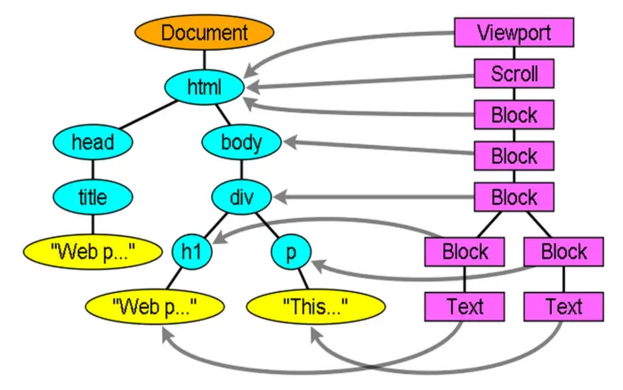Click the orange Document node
click(204, 32)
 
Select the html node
click(204, 87)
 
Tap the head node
click(93, 142)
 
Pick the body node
click(241, 142)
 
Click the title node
click(93, 197)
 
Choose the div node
click(241, 197)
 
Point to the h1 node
click(192, 252)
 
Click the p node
click(291, 252)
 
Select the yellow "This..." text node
click(316, 306)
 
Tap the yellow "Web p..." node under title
click(93, 252)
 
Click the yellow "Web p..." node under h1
click(155, 306)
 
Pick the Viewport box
click(514, 32)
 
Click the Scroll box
click(514, 74)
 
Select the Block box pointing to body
click(514, 156)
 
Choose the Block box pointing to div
click(514, 197)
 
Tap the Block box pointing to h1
click(465, 252)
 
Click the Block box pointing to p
click(563, 252)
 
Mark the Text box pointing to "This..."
click(563, 306)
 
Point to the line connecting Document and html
click(204, 60)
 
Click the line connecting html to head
click(149, 115)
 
